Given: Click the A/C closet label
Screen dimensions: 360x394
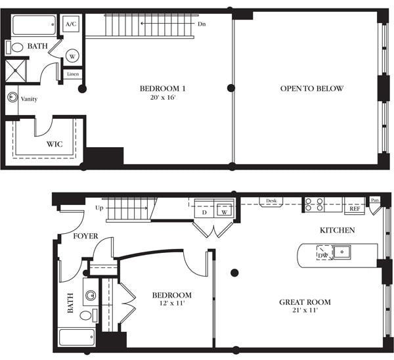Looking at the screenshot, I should click(x=72, y=24).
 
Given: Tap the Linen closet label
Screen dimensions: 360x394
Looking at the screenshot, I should click(x=72, y=74).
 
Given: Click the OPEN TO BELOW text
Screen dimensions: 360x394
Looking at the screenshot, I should click(x=311, y=89).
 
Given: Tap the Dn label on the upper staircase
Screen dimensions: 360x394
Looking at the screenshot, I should click(x=203, y=24).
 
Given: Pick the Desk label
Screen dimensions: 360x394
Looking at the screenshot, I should click(x=271, y=201).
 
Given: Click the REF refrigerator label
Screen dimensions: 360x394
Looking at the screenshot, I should click(x=355, y=210).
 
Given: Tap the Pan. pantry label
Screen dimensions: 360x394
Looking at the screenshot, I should click(x=374, y=200).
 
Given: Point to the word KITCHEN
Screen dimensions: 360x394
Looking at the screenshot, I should click(x=337, y=230).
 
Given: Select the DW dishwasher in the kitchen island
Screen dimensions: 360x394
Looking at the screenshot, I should click(x=322, y=255).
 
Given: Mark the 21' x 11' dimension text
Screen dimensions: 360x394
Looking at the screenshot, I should click(x=304, y=311).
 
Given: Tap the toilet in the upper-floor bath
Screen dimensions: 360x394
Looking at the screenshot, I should click(x=17, y=47).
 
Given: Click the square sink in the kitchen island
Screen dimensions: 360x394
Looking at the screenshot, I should click(x=342, y=251).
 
